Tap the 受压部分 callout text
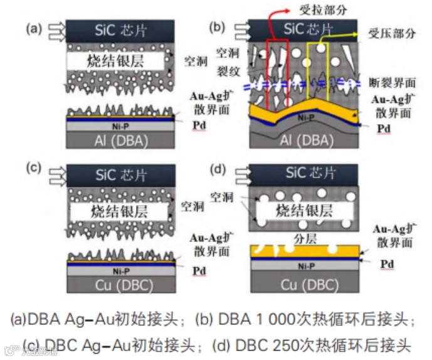click(387, 34)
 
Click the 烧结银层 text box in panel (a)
click(117, 61)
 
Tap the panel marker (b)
click(218, 28)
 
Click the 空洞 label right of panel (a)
click(193, 61)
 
